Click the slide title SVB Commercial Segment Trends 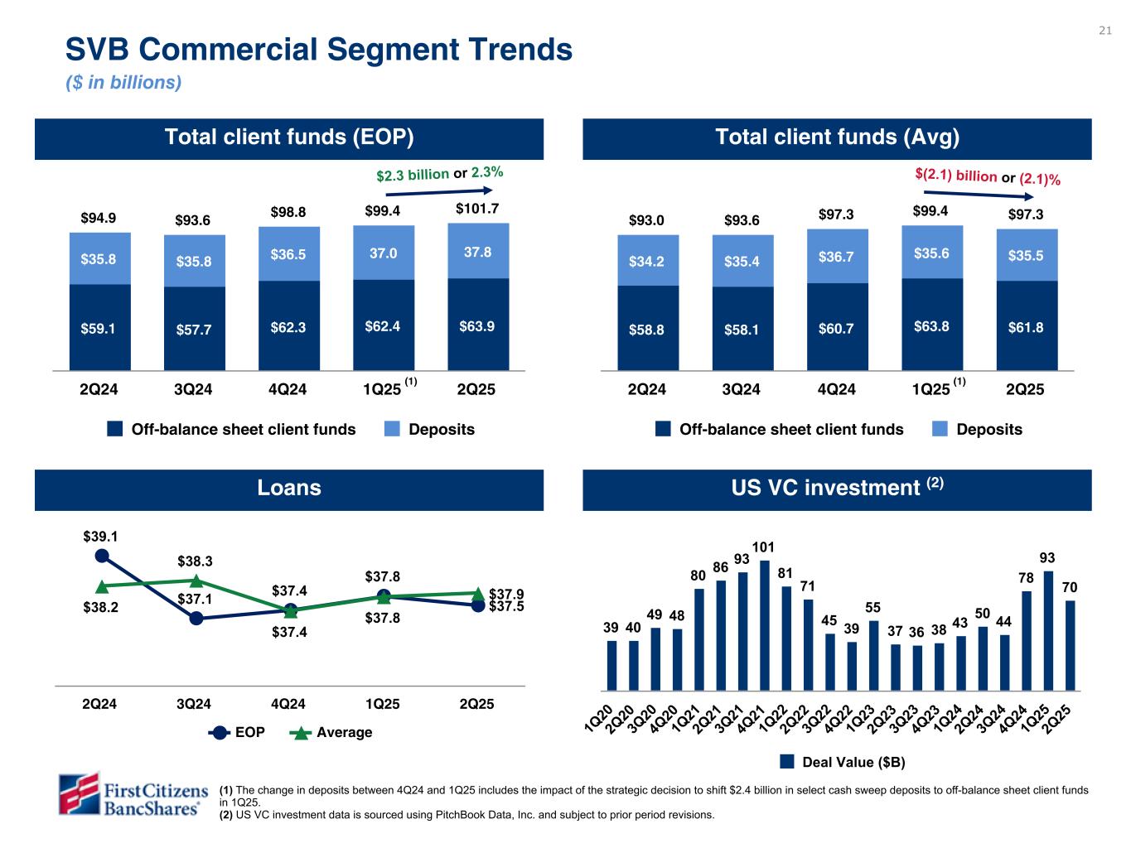click(319, 50)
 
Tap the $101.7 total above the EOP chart click(477, 209)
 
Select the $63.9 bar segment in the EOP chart click(477, 326)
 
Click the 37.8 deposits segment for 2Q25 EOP click(477, 251)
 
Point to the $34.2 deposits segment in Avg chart click(647, 261)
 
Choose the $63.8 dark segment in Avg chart click(931, 325)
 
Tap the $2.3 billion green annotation click(413, 175)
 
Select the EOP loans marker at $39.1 click(102, 556)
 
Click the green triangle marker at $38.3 click(196, 581)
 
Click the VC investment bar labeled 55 click(873, 654)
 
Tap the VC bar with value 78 click(1027, 639)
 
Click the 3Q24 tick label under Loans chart click(194, 704)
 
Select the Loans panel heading click(289, 488)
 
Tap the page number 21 click(1104, 31)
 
